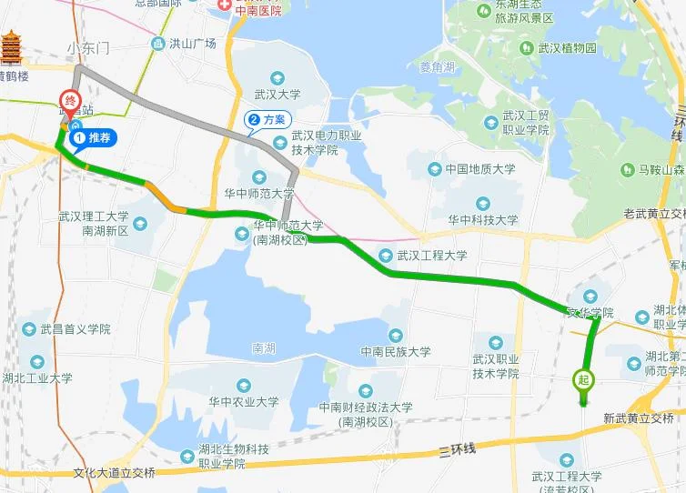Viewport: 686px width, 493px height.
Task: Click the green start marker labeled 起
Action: (x=583, y=380)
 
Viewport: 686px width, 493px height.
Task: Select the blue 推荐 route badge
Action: (x=93, y=138)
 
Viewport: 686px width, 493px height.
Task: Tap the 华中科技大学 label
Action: (x=483, y=219)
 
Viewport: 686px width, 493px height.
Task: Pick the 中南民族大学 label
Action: (x=396, y=351)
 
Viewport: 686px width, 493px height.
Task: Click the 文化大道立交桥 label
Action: (x=114, y=473)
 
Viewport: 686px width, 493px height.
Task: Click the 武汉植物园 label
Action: (x=565, y=47)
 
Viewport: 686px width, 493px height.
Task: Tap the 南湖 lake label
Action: (x=263, y=347)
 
